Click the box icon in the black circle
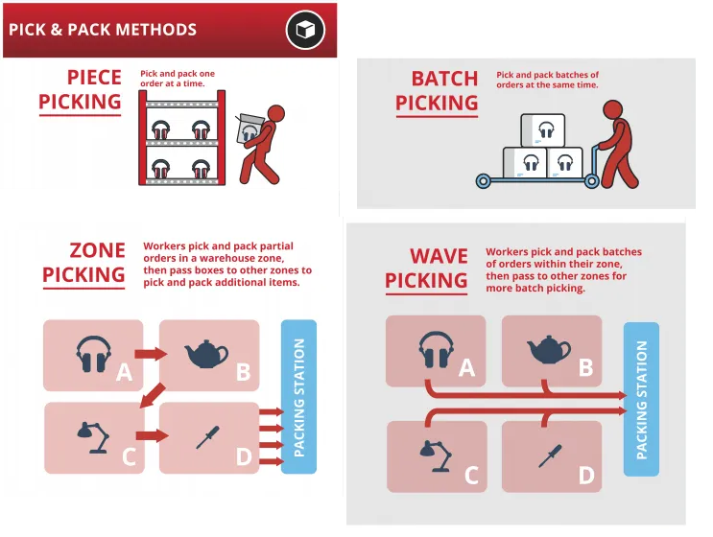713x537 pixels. point(305,30)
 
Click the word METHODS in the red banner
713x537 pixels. point(156,30)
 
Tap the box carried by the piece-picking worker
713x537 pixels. point(250,129)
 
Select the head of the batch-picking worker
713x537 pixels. point(612,111)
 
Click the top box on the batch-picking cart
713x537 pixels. point(543,130)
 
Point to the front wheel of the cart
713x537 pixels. point(483,182)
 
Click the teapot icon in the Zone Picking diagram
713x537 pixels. point(206,354)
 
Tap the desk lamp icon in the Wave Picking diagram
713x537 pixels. point(436,455)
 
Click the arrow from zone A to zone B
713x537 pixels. point(151,354)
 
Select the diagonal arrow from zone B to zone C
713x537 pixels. point(153,395)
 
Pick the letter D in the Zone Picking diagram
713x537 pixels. point(244,456)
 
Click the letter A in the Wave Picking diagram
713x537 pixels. point(466,368)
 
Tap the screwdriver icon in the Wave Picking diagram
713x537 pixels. point(550,456)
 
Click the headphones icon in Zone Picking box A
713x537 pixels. point(94,355)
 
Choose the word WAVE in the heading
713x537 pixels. point(439,256)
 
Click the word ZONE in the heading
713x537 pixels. point(97,250)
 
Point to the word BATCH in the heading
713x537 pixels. point(444,79)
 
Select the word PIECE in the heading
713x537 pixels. point(94,78)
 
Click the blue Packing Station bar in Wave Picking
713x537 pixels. point(641,399)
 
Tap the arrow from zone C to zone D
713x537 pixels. point(153,435)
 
